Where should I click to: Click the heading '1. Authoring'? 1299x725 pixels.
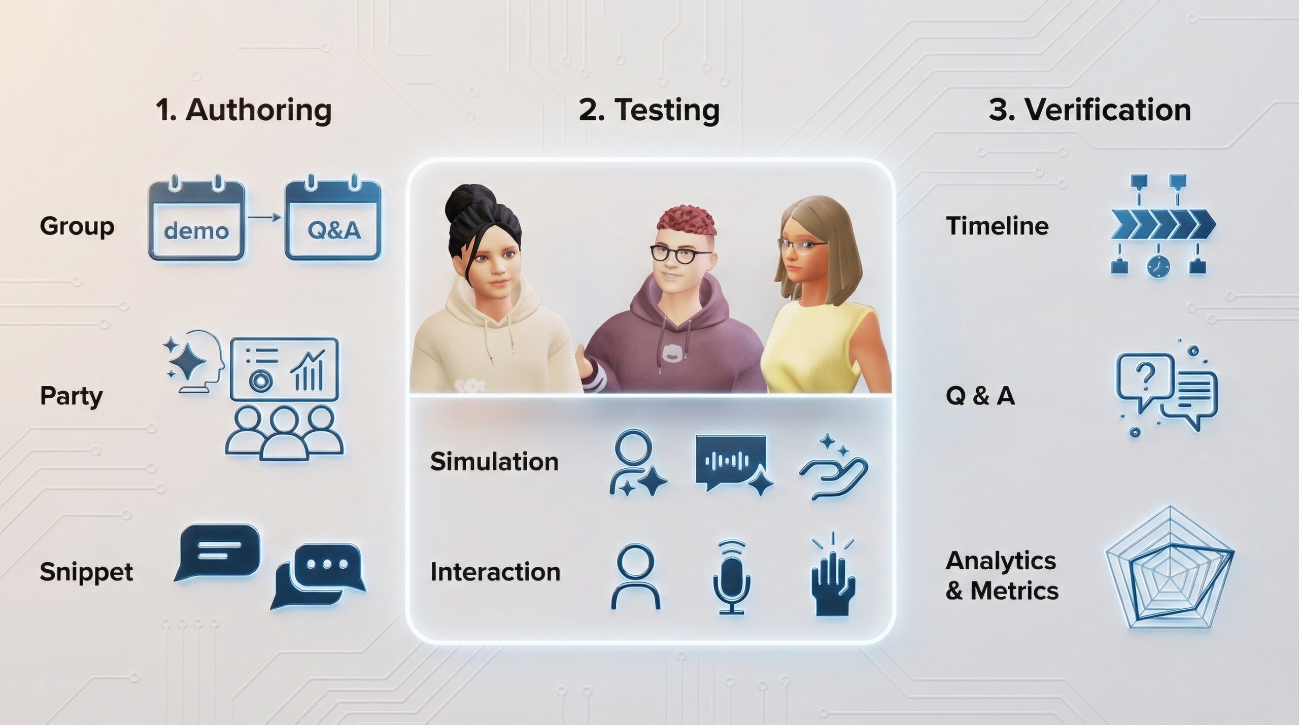[x=244, y=110]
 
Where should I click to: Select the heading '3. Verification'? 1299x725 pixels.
[x=1090, y=110]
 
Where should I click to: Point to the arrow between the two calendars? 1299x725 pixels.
[x=264, y=218]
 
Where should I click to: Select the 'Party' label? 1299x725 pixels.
[x=71, y=396]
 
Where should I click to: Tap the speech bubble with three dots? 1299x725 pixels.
[x=319, y=576]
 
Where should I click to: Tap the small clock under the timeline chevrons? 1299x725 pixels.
[x=1158, y=266]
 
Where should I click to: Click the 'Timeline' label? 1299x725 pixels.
[x=997, y=226]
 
